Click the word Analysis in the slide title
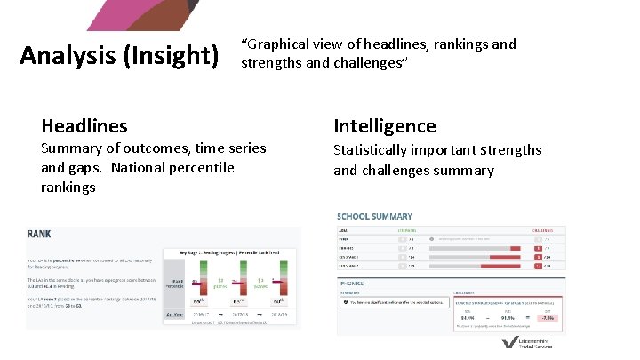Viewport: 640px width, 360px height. tap(64, 58)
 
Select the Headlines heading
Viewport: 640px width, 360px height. tap(84, 126)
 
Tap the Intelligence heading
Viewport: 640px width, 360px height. tap(384, 126)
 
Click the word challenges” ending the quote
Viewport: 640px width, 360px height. tap(369, 63)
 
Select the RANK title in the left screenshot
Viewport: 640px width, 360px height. tap(39, 235)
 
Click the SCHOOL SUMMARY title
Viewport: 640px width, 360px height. tap(374, 216)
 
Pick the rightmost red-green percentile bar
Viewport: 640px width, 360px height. tap(279, 284)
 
